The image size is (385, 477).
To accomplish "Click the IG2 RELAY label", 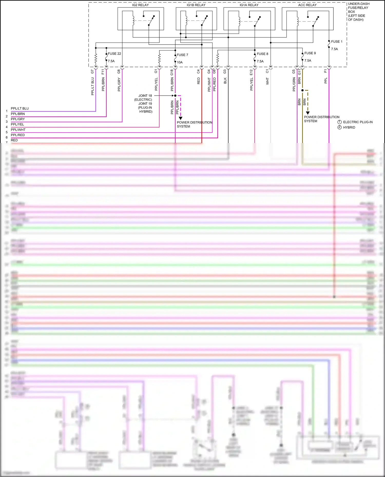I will tap(140, 5).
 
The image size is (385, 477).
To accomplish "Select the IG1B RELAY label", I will tap(196, 5).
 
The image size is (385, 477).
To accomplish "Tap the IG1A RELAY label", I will tap(249, 5).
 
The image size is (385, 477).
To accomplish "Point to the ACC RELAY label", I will tap(307, 5).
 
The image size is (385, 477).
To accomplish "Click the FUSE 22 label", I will tap(114, 54).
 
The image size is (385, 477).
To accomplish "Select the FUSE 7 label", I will tap(182, 55).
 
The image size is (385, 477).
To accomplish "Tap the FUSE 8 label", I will tap(262, 54).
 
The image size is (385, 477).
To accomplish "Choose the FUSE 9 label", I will tap(310, 53).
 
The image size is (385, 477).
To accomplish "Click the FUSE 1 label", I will tap(336, 42).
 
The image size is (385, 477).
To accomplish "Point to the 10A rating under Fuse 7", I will tap(180, 62).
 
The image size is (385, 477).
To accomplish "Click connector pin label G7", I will tap(92, 72).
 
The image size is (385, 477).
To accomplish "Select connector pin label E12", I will tap(251, 72).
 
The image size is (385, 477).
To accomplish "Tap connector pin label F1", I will tap(325, 71).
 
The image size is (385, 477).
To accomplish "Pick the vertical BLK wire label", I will tap(225, 81).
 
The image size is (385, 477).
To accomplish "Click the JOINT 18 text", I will tap(145, 96).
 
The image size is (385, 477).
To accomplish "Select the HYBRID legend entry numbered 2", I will tap(349, 127).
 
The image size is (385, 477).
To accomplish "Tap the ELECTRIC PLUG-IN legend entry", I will tap(358, 122).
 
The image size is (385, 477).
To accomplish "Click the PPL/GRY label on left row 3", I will tap(18, 119).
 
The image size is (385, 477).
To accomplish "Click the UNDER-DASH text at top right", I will tap(359, 4).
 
